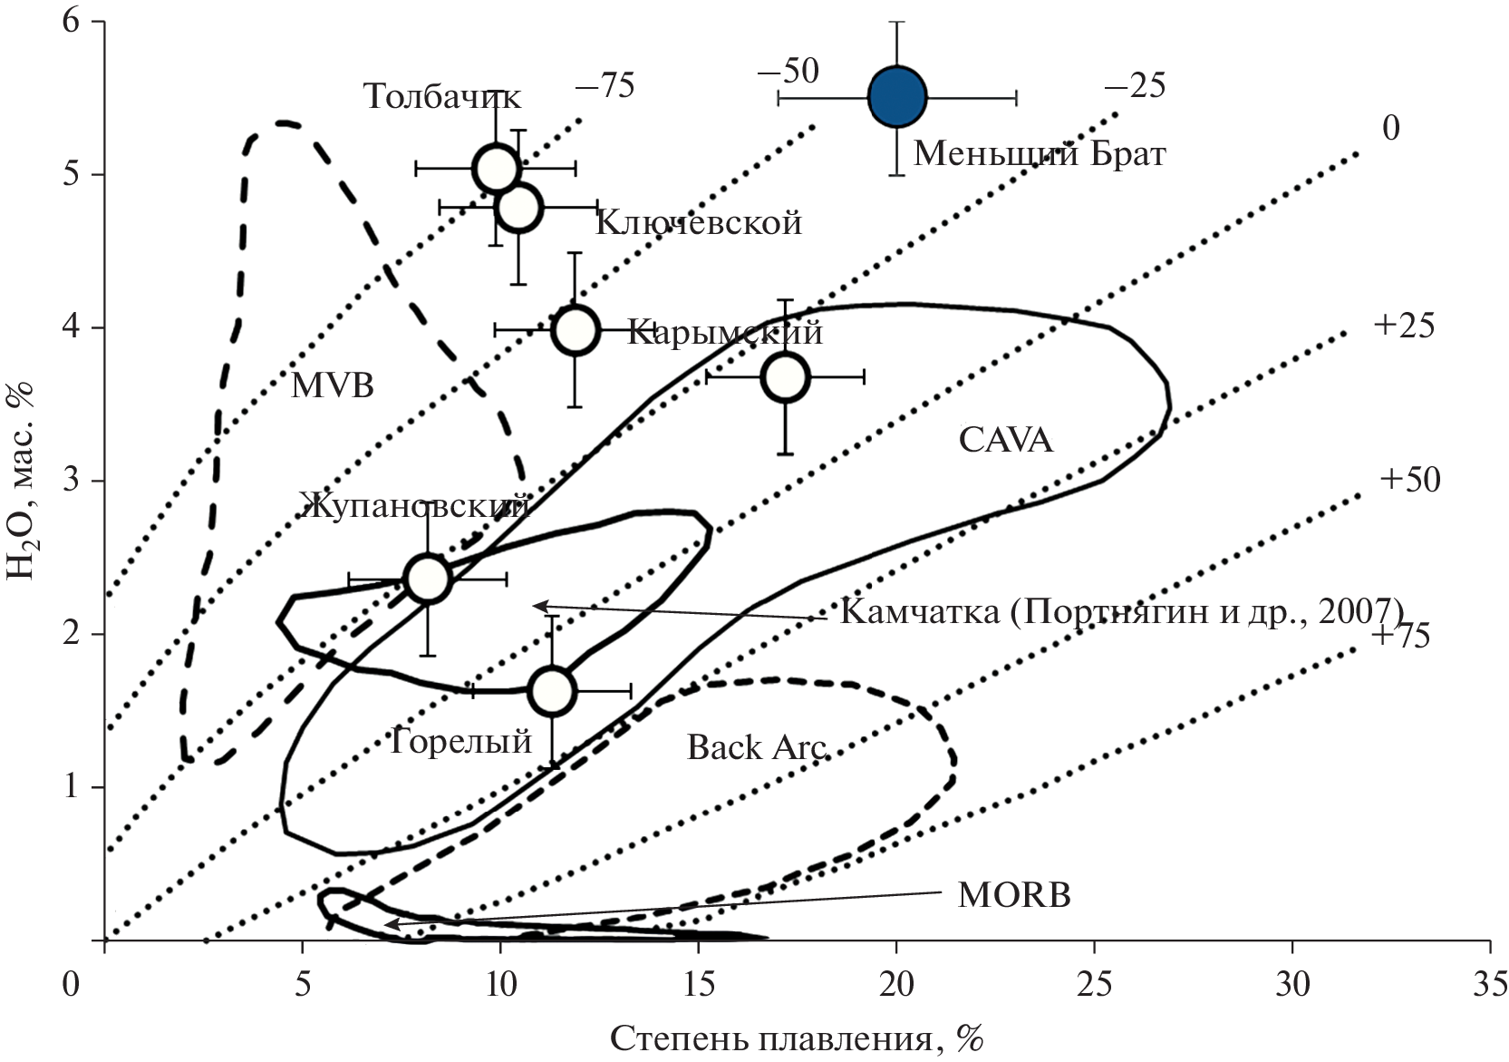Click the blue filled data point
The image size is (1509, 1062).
(896, 97)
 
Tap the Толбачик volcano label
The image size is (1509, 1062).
(442, 96)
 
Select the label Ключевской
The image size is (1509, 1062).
(698, 222)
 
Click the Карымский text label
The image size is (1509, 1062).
(724, 332)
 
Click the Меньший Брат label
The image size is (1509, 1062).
(1039, 153)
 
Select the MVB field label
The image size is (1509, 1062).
(333, 386)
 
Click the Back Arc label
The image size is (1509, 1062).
(756, 747)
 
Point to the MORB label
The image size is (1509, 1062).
(1013, 896)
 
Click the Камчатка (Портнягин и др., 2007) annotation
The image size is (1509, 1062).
(1121, 611)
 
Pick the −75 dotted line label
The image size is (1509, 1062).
(605, 87)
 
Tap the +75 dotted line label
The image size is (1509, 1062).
(1399, 636)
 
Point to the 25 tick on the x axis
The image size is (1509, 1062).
(1096, 985)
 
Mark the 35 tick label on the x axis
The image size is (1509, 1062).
(1491, 985)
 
